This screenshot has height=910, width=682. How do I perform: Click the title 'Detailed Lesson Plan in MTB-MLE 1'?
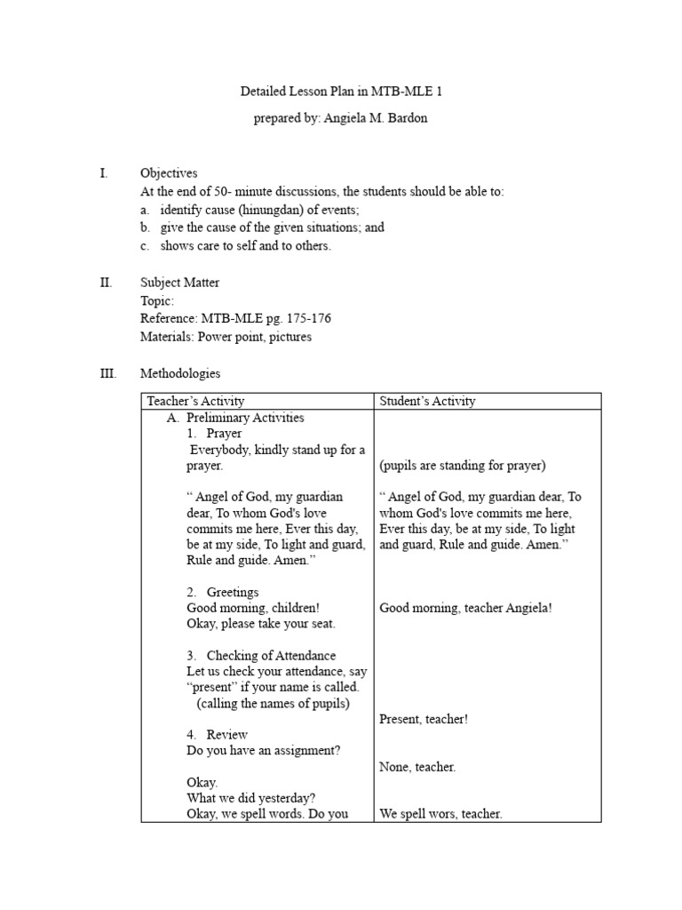point(342,92)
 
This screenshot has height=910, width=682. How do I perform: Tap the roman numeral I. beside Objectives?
point(103,173)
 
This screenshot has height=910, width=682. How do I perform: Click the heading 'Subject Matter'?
point(180,283)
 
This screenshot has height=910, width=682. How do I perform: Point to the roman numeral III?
point(107,374)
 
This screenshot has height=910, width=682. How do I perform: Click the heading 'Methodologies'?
point(180,374)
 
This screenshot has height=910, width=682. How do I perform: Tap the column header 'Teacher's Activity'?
point(195,401)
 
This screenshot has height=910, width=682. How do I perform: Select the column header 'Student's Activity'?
point(428,401)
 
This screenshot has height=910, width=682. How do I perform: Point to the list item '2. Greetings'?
point(223,592)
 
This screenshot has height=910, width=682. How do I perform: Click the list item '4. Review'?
point(218,735)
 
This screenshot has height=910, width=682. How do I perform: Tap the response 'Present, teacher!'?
point(424,719)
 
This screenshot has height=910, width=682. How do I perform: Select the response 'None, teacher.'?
point(417,767)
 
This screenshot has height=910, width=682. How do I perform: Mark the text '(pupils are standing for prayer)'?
point(462,466)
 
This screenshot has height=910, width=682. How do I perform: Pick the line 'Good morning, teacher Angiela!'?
point(465,608)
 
